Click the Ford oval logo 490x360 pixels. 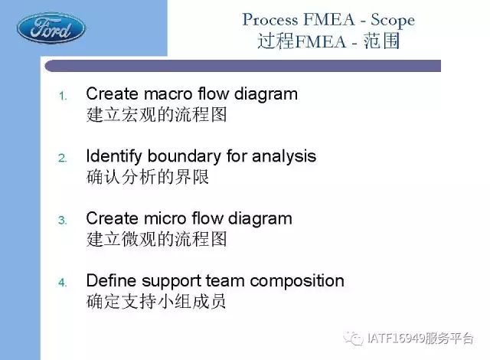[51, 28]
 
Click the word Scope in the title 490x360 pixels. [393, 21]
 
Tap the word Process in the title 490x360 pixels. [270, 20]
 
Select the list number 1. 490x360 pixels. [63, 96]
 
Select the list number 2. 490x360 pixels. [63, 158]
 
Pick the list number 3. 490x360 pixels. [63, 221]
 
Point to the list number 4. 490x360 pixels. [63, 283]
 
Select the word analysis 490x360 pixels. [284, 157]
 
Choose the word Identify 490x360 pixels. [114, 157]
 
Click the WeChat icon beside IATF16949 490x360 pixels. [353, 338]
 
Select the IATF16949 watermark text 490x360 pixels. [420, 338]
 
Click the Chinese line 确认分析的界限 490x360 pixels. [148, 177]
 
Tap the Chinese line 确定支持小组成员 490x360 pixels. [155, 301]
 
